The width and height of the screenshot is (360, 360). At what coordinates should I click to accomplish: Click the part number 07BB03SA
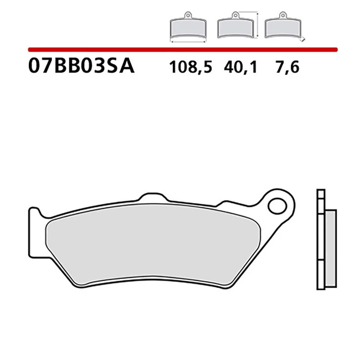tap(81, 66)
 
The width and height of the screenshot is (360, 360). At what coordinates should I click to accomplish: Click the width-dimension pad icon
tap(188, 28)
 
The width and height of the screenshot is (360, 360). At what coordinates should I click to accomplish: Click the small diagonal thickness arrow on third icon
tap(304, 38)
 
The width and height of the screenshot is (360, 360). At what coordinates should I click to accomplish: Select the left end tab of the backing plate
tap(34, 229)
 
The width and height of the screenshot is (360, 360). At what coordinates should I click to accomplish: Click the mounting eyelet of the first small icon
tap(188, 17)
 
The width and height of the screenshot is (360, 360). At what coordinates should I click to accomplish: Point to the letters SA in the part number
tap(121, 66)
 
